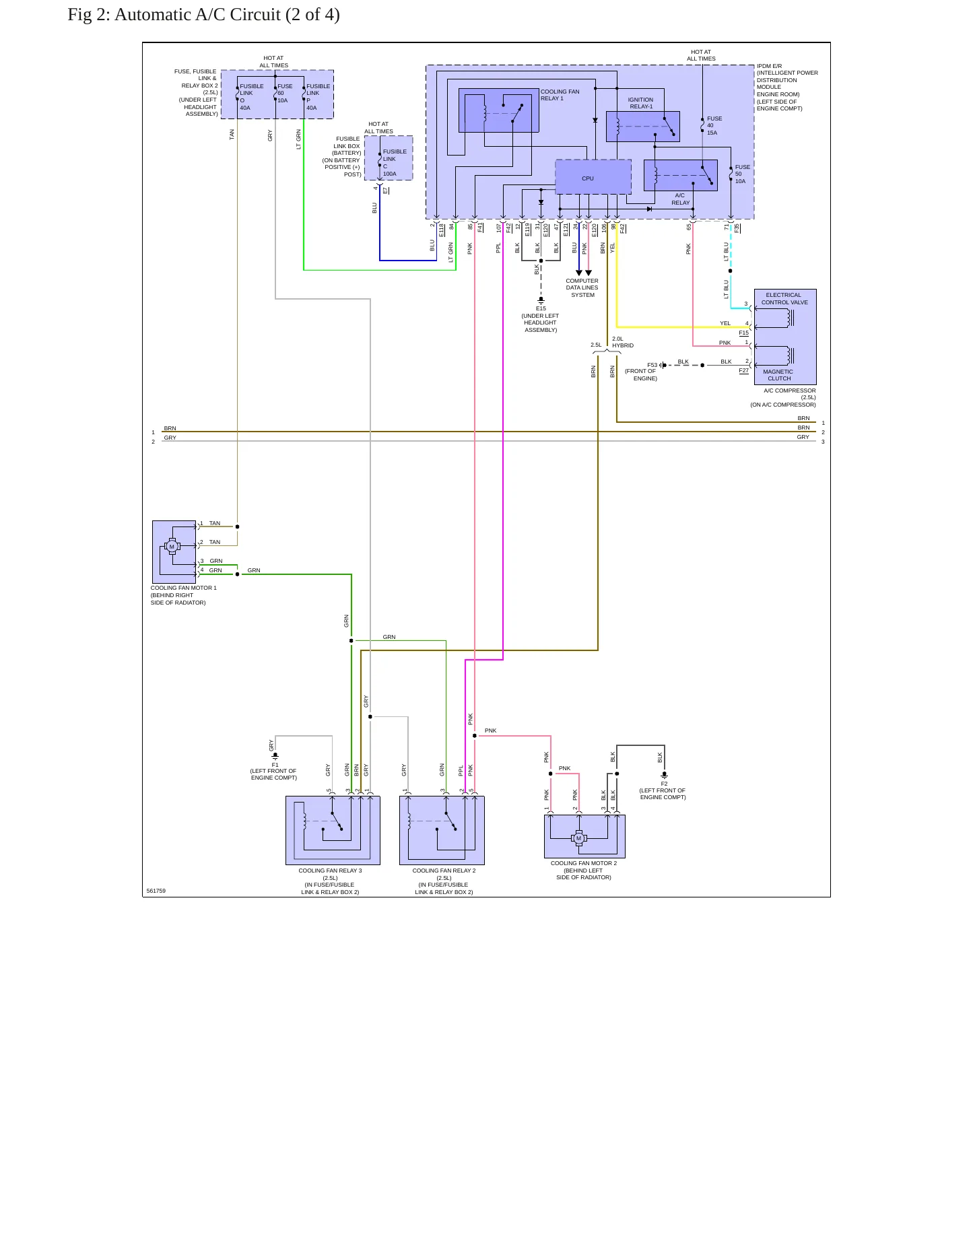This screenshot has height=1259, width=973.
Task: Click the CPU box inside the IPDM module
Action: point(593,176)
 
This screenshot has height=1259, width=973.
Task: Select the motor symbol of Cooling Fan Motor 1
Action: point(172,547)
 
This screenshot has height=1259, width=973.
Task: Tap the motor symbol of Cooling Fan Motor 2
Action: point(578,838)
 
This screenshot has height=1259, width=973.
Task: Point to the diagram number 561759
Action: point(156,891)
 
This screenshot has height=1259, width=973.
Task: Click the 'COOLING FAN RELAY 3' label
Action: point(330,871)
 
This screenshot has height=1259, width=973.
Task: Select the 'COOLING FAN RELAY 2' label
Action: point(444,871)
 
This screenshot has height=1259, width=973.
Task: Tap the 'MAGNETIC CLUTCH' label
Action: point(778,375)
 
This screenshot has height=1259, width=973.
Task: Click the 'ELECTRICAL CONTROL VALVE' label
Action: point(784,298)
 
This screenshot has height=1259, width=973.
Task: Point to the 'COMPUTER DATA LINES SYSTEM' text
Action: point(582,287)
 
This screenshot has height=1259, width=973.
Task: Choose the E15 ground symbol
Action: point(541,300)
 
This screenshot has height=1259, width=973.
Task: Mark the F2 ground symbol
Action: point(664,775)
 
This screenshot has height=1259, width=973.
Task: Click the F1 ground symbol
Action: point(275,756)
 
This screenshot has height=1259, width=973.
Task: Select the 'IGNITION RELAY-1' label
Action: point(640,103)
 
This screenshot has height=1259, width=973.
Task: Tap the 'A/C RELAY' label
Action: point(680,199)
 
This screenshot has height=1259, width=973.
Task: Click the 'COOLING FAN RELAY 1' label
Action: point(560,95)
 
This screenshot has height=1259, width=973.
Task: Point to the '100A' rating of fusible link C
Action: point(390,174)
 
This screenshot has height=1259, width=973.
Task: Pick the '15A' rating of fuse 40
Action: point(712,133)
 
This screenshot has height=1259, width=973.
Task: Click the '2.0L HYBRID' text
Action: point(622,342)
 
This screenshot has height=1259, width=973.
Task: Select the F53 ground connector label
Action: point(652,365)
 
